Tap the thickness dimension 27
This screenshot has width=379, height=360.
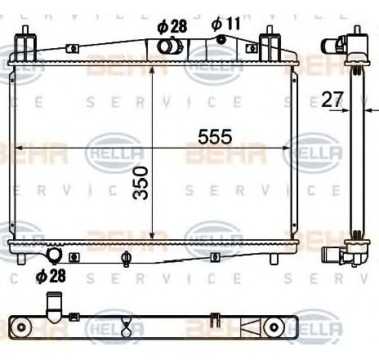[x=332, y=100]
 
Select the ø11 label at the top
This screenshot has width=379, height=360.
[x=225, y=24]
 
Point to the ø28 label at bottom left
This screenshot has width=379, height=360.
[x=51, y=276]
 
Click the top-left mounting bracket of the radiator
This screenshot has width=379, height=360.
[x=29, y=41]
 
